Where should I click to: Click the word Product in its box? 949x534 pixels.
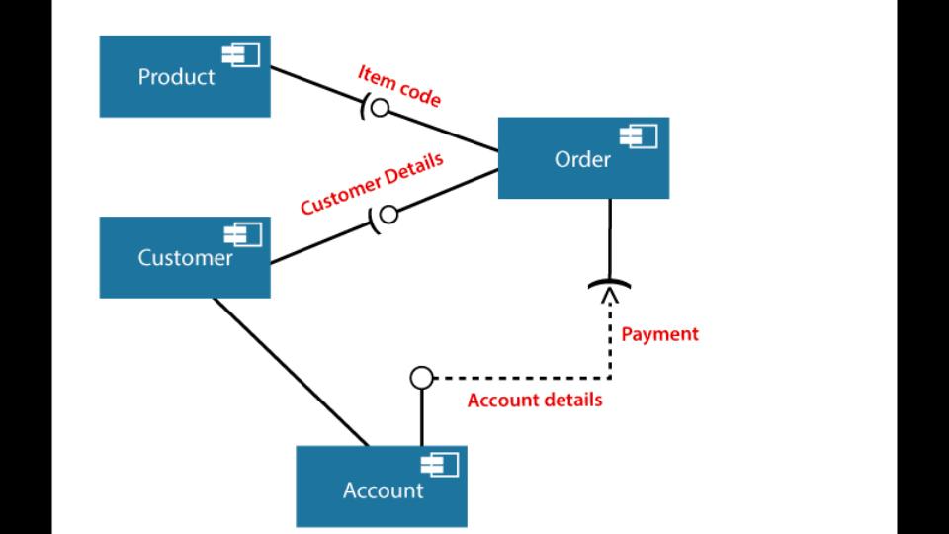tap(176, 77)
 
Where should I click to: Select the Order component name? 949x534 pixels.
tap(582, 158)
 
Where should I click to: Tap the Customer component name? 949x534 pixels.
tap(185, 258)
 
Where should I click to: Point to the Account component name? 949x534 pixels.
tap(383, 489)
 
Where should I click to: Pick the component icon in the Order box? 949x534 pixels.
tap(640, 136)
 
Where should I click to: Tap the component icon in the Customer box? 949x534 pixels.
tap(243, 234)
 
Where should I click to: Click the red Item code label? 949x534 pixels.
tap(398, 87)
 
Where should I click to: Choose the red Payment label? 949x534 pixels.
tap(659, 334)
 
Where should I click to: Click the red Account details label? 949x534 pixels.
tap(534, 400)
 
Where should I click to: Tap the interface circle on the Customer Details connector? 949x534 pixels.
tap(388, 214)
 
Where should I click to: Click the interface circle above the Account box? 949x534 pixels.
tap(422, 377)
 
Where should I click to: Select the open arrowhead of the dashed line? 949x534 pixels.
tap(610, 300)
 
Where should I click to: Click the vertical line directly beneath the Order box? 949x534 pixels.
tap(610, 237)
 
